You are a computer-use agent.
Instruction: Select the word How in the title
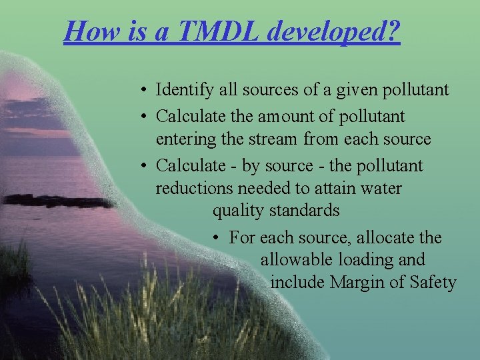(87, 30)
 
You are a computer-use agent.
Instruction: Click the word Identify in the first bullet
(180, 89)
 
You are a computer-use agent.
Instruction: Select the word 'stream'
(275, 139)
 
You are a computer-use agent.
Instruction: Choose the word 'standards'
(305, 211)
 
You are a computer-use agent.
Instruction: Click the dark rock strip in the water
(60, 200)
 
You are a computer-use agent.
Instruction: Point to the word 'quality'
(239, 211)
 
